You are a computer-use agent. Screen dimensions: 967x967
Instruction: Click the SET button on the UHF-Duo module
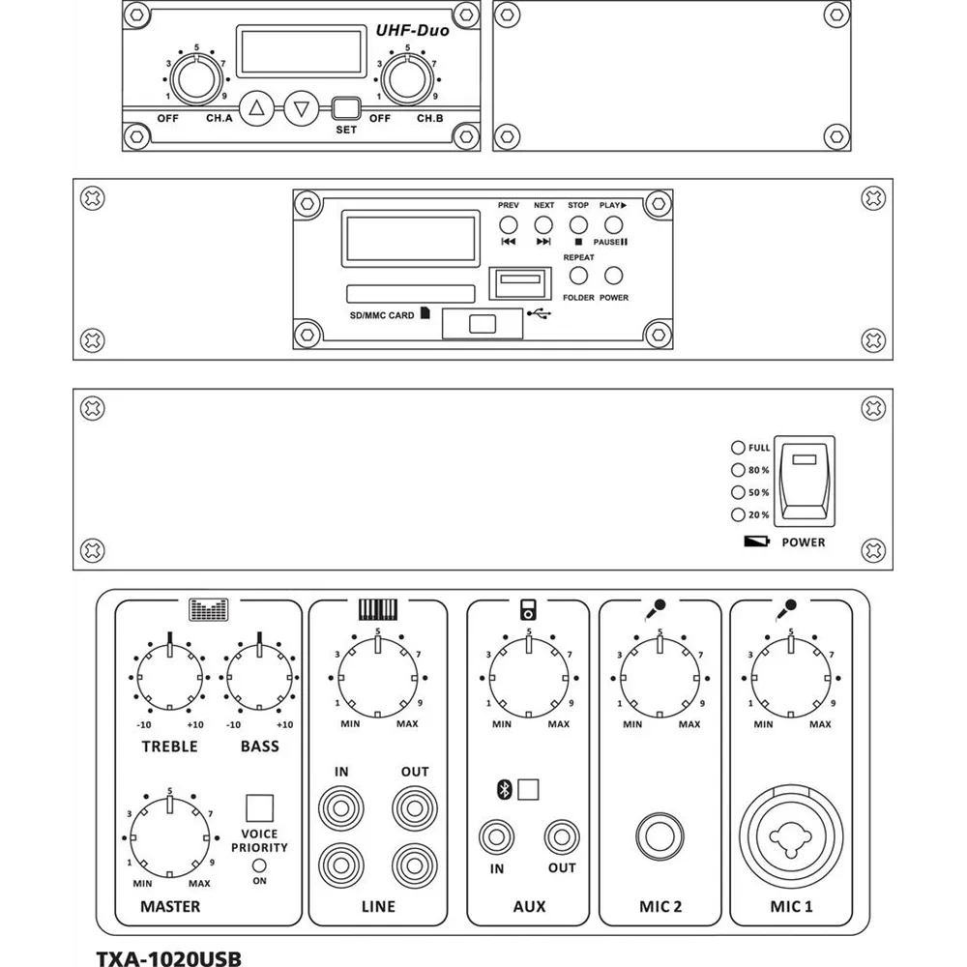pos(346,108)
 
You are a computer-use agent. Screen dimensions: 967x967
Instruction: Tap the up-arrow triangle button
pos(256,108)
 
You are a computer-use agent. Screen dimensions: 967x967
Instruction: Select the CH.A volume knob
pos(196,79)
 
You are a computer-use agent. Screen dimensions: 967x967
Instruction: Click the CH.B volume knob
pos(407,79)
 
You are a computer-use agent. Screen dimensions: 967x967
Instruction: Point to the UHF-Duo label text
pos(413,30)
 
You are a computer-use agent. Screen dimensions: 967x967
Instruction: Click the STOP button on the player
pos(578,225)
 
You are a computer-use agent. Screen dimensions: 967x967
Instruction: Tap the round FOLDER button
pos(578,276)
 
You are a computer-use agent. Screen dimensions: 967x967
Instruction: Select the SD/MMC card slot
pos(411,294)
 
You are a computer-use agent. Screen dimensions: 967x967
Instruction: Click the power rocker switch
pos(805,482)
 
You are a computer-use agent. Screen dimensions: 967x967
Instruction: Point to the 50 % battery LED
pos(738,492)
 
